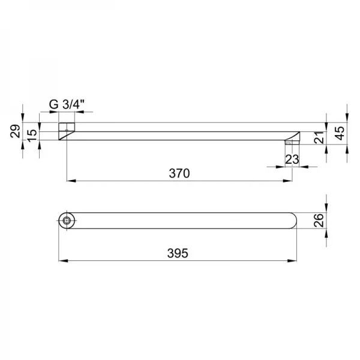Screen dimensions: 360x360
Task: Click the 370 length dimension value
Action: (179, 173)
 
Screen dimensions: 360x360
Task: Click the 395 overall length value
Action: (178, 253)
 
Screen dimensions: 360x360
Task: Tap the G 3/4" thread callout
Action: (67, 104)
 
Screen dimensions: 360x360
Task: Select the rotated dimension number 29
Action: (16, 131)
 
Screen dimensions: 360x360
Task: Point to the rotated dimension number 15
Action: (32, 136)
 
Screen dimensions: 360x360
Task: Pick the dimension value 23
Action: (292, 160)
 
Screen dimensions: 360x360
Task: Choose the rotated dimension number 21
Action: (319, 137)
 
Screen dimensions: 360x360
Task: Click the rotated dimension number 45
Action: (340, 133)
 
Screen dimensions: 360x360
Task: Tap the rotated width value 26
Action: (319, 220)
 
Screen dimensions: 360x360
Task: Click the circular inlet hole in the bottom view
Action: (67, 220)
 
